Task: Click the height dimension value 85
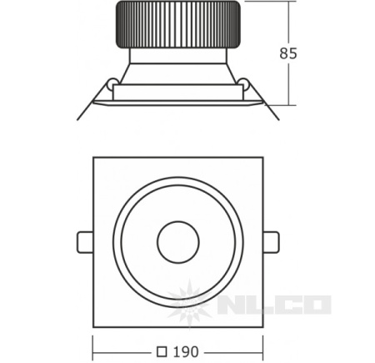[x=288, y=53]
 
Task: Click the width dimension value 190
[x=186, y=352]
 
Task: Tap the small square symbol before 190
[x=162, y=352]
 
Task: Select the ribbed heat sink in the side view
[x=177, y=25]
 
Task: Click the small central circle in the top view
[x=178, y=242]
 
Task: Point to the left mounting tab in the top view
[x=85, y=242]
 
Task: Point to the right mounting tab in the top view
[x=271, y=242]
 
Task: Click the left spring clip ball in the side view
[x=112, y=82]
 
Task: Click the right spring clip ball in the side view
[x=243, y=82]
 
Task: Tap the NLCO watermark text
[x=275, y=305]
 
